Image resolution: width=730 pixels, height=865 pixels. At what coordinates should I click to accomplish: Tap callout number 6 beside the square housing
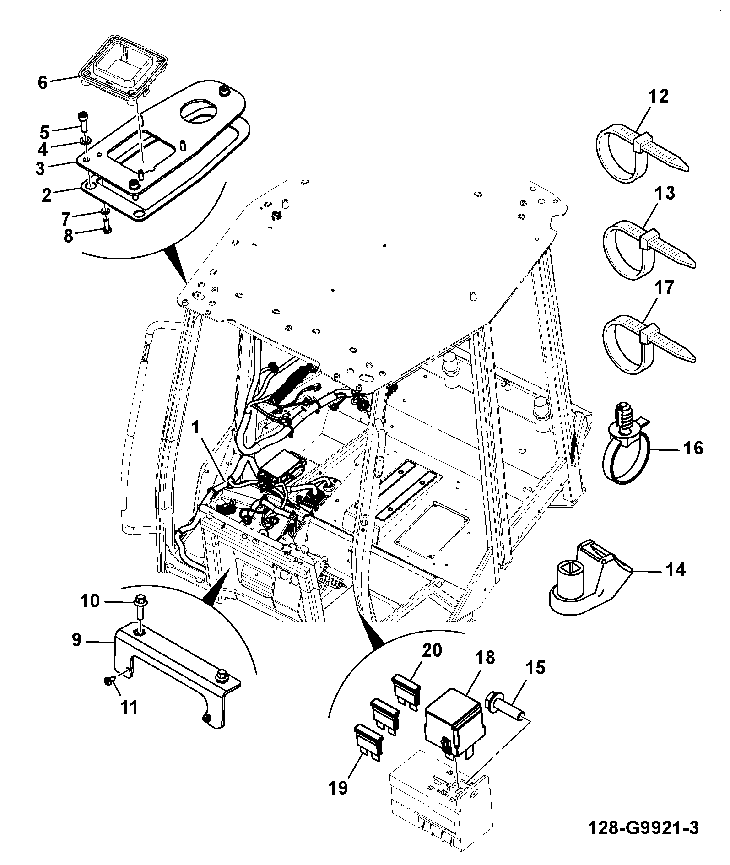[x=43, y=83]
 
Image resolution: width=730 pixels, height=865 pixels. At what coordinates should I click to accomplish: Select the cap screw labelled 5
[x=83, y=121]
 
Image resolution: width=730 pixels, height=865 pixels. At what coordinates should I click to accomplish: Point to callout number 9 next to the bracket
[x=76, y=639]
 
